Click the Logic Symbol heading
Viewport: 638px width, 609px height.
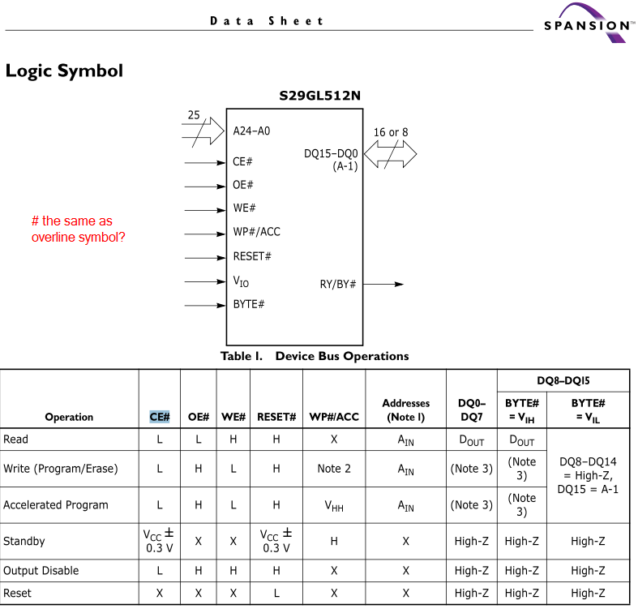[64, 71]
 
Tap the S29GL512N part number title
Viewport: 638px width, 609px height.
[319, 96]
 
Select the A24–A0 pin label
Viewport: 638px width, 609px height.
[251, 131]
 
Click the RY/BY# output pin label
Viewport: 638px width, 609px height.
[338, 284]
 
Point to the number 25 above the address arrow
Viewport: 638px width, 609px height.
[194, 115]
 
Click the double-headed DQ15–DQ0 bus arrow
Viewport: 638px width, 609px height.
[390, 152]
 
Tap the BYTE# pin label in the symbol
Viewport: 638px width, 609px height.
[249, 304]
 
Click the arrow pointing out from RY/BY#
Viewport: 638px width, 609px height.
[388, 284]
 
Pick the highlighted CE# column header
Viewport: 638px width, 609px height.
[160, 417]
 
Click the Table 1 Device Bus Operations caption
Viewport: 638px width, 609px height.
[315, 356]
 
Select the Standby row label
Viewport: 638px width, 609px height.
[24, 541]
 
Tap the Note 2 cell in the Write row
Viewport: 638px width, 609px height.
[334, 469]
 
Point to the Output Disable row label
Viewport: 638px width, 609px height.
[41, 571]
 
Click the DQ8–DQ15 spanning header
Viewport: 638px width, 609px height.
[563, 380]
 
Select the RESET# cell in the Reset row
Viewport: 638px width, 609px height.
[276, 594]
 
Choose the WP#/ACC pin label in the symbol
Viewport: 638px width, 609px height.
[256, 232]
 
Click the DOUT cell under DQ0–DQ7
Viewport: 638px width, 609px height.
[470, 440]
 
